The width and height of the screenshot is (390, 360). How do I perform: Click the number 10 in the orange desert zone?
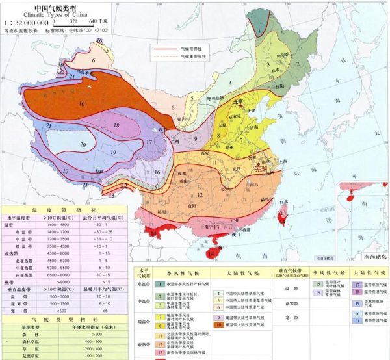pos(81,103)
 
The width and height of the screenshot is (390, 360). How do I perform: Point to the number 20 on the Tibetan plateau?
pos(83,144)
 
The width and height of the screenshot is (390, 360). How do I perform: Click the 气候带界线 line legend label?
pos(192,48)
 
